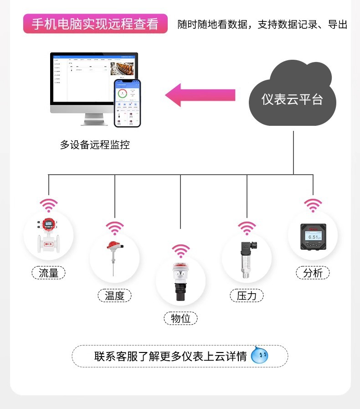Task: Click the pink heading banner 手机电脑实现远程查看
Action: click(95, 24)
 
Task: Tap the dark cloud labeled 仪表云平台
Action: click(292, 98)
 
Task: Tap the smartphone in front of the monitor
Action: click(127, 103)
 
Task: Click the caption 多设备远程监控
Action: click(95, 145)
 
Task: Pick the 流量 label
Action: click(48, 273)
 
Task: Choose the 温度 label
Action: click(114, 295)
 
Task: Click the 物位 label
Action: click(180, 318)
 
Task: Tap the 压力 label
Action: click(247, 295)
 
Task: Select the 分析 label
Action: click(313, 273)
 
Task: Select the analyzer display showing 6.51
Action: click(313, 237)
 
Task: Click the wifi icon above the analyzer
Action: click(313, 205)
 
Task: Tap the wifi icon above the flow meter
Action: click(48, 205)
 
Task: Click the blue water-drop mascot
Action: click(260, 355)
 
